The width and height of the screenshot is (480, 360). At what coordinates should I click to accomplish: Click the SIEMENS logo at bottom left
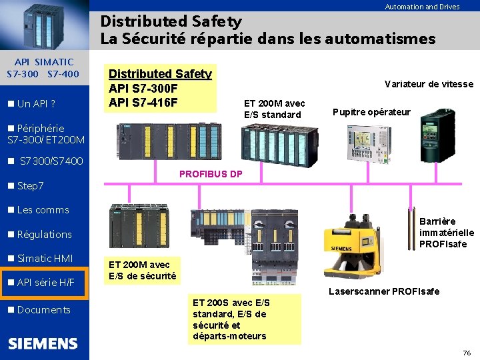coord(43,344)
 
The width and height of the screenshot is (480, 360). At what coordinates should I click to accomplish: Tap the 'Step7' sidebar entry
coord(30,185)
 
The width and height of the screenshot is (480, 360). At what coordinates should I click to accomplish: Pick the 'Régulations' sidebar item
coord(44,235)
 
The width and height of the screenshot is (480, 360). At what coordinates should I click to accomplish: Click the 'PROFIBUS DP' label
coord(211,174)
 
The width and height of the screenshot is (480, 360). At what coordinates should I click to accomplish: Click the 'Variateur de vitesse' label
coord(429,84)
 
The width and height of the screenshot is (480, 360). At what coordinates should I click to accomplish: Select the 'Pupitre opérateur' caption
coord(371,111)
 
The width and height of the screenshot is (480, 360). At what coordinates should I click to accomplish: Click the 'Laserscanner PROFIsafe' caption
coord(384,291)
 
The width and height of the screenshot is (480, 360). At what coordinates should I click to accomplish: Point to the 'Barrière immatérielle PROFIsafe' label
coord(446,233)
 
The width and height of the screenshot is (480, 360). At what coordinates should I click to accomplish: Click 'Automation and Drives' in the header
coord(422,7)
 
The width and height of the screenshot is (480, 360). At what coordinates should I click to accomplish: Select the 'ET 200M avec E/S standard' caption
coord(274,109)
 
